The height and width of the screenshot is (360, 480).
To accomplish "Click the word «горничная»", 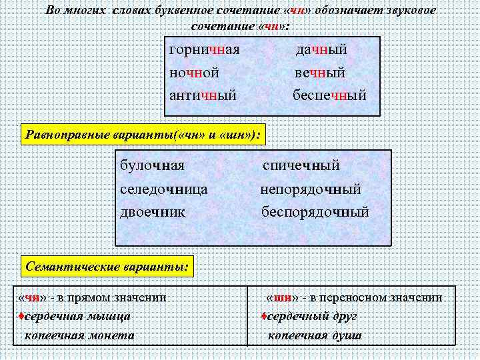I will point(204,50).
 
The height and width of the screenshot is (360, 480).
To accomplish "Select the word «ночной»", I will point(195,73).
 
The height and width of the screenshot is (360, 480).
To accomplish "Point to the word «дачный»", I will point(321,50).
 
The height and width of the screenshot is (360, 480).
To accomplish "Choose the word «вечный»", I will point(320,73).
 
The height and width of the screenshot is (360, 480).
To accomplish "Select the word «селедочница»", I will point(164,189).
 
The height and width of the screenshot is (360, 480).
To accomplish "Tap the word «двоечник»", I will point(153,213).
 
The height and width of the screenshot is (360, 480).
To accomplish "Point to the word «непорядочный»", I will point(311,189).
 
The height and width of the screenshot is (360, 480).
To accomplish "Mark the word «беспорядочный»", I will point(315,213).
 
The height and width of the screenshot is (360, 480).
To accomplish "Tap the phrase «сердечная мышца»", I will point(77,316).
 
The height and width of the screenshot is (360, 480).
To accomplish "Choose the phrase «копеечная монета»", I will point(79,335).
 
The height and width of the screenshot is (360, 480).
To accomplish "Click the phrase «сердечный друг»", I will point(313,316).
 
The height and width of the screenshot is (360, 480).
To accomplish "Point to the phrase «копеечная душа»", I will point(315,335).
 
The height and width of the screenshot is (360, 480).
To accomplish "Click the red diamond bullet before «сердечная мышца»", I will point(21,316).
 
